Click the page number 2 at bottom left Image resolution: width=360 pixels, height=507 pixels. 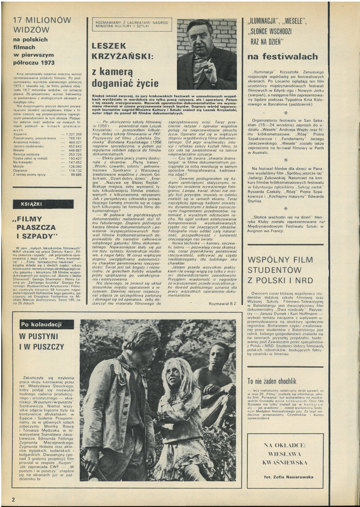13,494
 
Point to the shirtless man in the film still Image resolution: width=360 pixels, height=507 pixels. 216,371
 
